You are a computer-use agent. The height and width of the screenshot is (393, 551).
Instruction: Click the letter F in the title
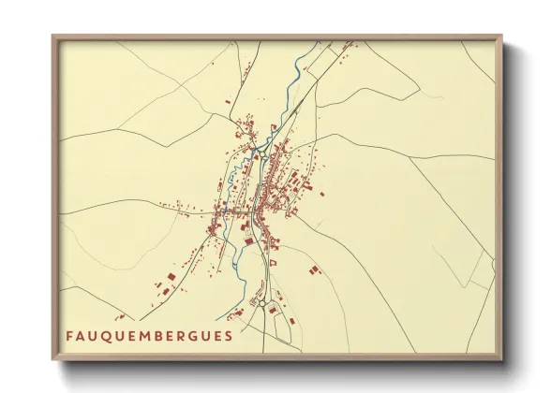coord(68,335)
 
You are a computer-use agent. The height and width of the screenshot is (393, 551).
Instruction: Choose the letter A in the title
coord(81,335)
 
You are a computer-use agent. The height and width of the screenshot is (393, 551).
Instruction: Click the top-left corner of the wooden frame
coord(52,36)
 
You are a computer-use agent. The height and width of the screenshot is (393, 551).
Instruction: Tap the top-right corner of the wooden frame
coord(502,36)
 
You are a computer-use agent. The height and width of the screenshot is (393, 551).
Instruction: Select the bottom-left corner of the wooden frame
coord(52,361)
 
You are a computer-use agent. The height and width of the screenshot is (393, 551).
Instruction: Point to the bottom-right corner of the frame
coord(502,361)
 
